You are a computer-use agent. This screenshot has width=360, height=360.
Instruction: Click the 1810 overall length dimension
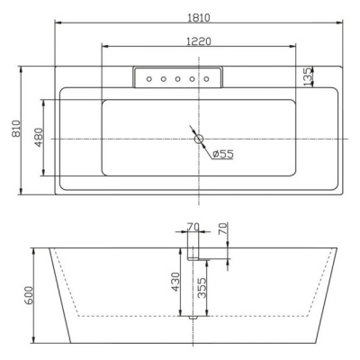coord(199,17)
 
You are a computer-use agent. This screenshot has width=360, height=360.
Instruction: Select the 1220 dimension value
coord(199,41)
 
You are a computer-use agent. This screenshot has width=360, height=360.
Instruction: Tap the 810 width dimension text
coord(16,129)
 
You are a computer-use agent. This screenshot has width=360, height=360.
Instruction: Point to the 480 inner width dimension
coord(39,138)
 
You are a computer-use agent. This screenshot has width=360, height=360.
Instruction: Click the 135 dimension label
coord(308,76)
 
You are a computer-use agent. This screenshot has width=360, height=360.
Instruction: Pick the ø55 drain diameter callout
coord(222,154)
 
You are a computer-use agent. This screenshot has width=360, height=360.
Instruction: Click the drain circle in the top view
coord(199,139)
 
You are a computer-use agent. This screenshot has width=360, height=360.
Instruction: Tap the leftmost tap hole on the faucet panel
coord(149,79)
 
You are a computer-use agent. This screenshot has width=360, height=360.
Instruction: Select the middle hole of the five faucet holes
coord(177,79)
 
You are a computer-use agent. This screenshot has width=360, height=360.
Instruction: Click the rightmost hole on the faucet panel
coord(206,79)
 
